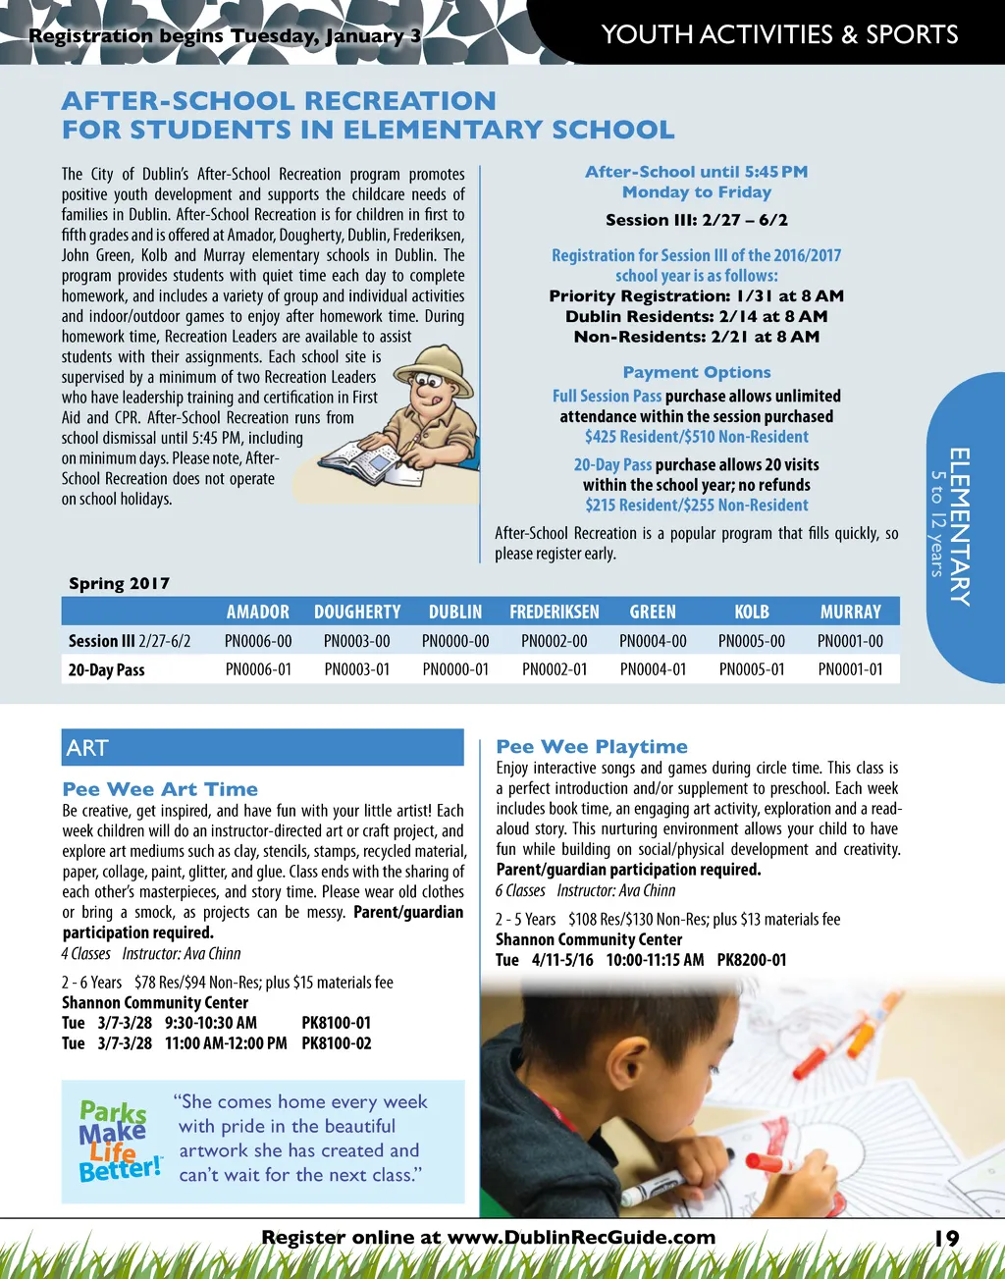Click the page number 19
pos(946,1238)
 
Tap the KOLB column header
pos(752,612)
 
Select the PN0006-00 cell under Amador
pos(258,641)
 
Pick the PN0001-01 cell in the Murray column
pos(850,669)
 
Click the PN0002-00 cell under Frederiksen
pos(555,641)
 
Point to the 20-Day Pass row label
pos(107,670)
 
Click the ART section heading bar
pos(262,748)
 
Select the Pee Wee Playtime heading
pos(592,746)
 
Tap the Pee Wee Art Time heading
pos(160,789)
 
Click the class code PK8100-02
pos(337,1043)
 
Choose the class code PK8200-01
pos(752,960)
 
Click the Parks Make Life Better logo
pos(120,1141)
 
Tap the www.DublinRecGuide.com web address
pos(581,1238)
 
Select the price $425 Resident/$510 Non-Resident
pos(697,437)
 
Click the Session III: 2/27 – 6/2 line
pos(697,220)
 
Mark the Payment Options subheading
pos(697,372)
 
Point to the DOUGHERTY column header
pos(357,612)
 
